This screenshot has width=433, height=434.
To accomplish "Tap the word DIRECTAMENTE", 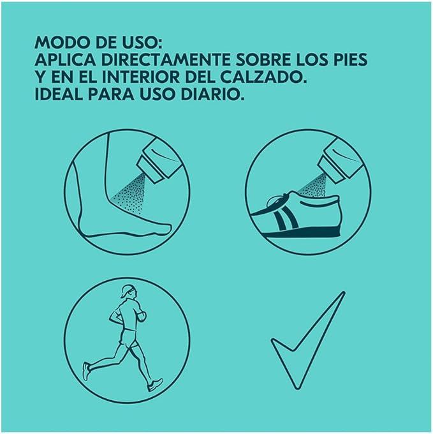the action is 166,60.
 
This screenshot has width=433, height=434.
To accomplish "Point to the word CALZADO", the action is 264,77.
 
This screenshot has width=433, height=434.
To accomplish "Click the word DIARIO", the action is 212,94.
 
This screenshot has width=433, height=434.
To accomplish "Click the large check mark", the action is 308,340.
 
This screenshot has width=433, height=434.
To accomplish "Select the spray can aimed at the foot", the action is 160,159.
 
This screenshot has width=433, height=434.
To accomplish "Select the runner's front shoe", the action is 155,385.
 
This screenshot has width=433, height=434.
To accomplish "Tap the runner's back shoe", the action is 87,371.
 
